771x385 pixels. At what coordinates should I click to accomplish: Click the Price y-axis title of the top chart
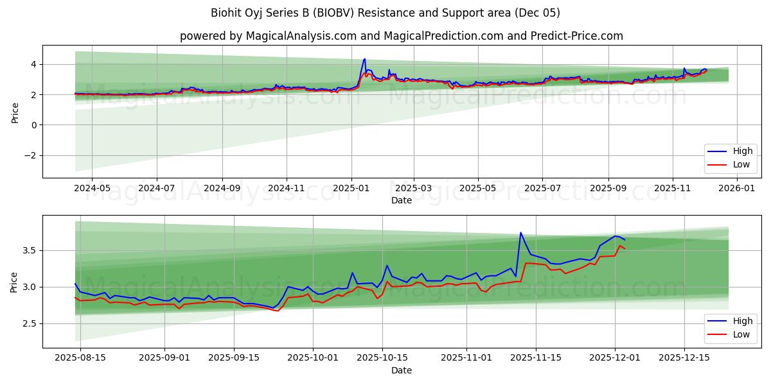pyautogui.click(x=15, y=112)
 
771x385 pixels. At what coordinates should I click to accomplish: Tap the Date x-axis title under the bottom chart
pyautogui.click(x=402, y=370)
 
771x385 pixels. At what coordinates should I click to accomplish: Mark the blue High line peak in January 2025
pyautogui.click(x=365, y=59)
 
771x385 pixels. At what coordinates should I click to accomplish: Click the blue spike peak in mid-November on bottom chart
pyautogui.click(x=520, y=232)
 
